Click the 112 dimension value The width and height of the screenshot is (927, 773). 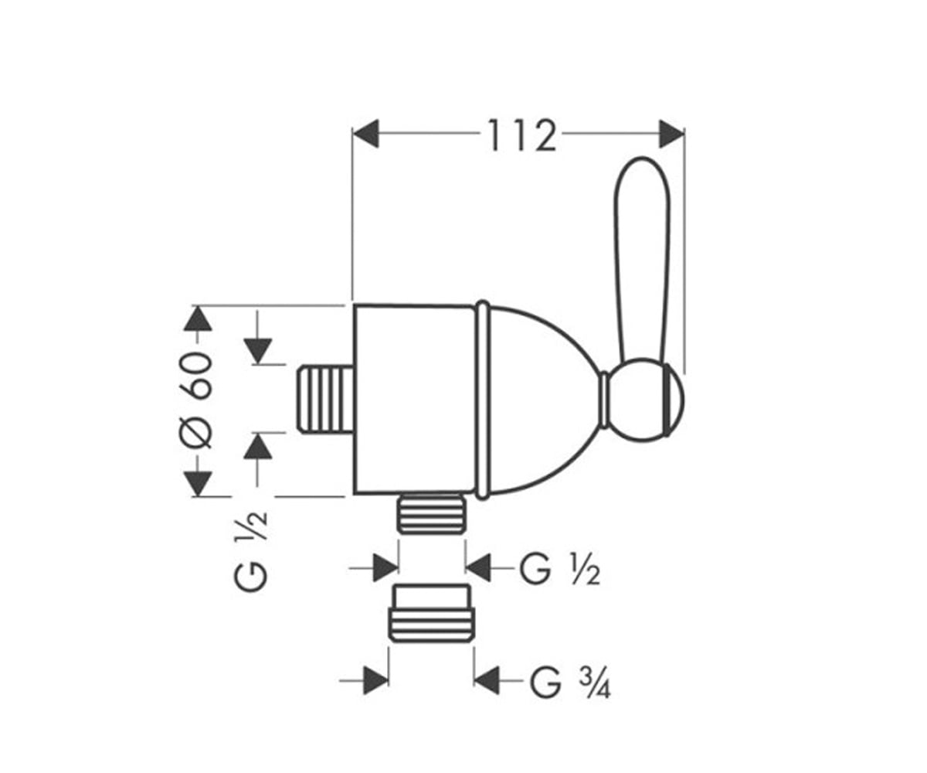(x=521, y=135)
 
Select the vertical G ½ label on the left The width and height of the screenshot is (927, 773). (x=251, y=551)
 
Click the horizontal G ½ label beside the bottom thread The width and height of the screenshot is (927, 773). (x=560, y=570)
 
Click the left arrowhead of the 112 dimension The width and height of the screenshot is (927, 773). (x=366, y=133)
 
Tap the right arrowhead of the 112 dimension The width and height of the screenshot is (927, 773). (x=671, y=133)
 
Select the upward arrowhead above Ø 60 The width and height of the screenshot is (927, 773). (x=198, y=318)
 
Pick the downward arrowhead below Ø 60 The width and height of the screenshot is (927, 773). (x=198, y=484)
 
